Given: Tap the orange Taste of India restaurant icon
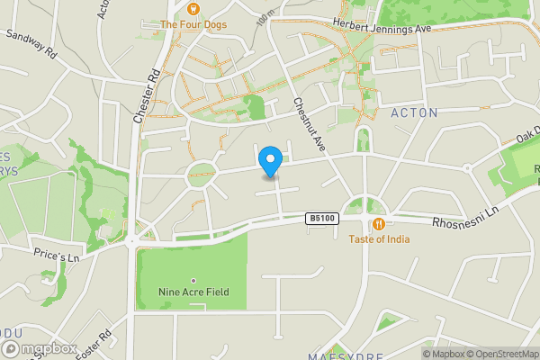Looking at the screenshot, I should [379, 223].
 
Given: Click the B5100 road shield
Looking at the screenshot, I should [320, 218].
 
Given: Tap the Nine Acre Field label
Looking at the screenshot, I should [193, 292].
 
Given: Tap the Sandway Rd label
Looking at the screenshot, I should [31, 45].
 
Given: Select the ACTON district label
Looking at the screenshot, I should [414, 113].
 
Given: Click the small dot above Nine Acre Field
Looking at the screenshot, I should [193, 279].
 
